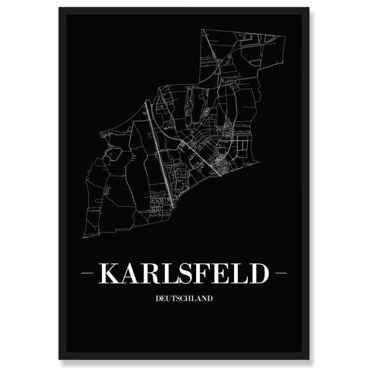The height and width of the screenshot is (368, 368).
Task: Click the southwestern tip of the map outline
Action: [x=84, y=235]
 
